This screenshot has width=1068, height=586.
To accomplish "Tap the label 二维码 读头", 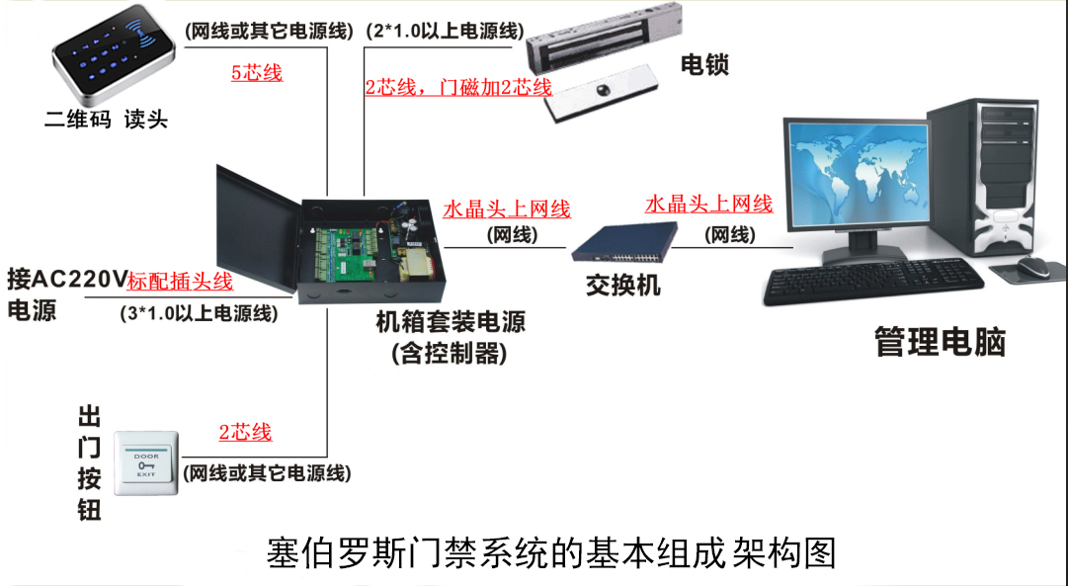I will (107, 120).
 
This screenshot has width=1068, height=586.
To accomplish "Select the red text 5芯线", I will (257, 72).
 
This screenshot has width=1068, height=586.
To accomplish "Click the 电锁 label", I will (704, 65).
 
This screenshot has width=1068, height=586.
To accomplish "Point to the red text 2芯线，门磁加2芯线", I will (458, 87).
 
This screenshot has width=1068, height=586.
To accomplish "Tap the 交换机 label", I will (623, 286).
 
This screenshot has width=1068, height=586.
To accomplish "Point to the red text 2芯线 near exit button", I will (245, 433).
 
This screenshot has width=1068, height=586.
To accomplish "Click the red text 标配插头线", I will (181, 282).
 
